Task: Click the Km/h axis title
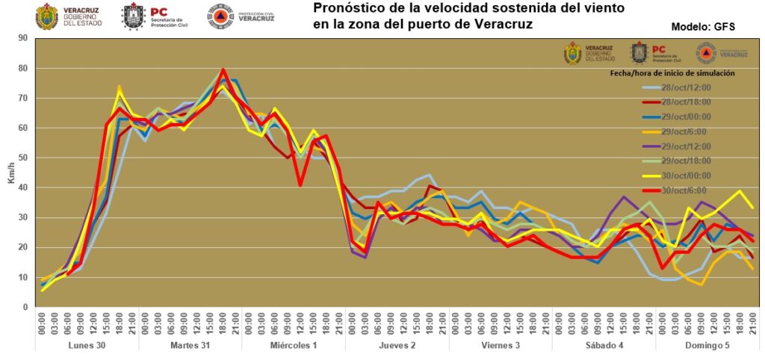(10, 173)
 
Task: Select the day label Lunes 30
(86, 345)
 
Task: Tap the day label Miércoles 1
(293, 345)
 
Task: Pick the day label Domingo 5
(707, 345)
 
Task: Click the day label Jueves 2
(396, 345)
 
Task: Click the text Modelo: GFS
(703, 27)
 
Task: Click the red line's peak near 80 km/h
(223, 69)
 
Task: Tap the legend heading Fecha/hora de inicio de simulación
(672, 73)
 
